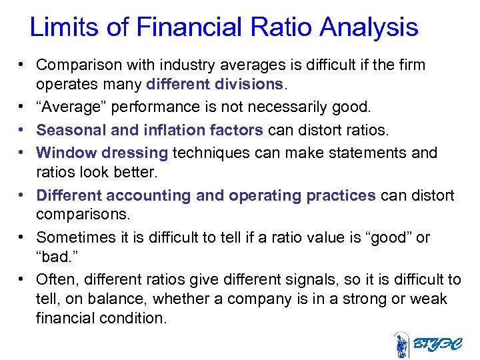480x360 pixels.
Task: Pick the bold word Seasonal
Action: point(69,129)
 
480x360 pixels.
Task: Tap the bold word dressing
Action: point(135,153)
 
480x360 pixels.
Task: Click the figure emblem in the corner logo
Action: point(402,345)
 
